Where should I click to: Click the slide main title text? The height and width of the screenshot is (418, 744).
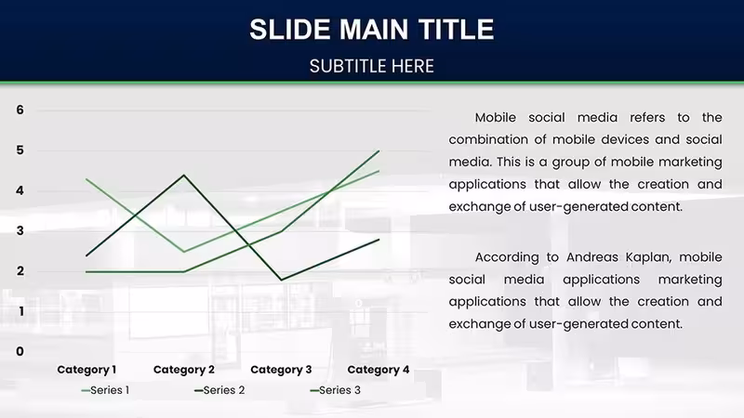click(371, 30)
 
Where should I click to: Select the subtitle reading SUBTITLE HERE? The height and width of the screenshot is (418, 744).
click(371, 66)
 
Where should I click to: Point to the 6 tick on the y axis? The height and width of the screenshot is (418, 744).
click(20, 110)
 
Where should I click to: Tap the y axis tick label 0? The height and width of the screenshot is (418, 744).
click(20, 351)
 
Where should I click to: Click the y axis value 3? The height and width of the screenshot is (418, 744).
click(20, 230)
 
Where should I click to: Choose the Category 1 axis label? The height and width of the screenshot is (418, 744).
click(86, 370)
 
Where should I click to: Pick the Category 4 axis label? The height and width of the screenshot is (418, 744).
click(379, 370)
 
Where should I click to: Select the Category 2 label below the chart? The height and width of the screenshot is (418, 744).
click(183, 370)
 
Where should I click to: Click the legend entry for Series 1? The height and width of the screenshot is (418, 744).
click(105, 390)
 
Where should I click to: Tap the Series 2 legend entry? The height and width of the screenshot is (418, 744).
click(219, 390)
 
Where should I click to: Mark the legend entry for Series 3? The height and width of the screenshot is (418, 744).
click(335, 390)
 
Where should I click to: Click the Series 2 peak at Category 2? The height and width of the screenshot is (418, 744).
click(183, 176)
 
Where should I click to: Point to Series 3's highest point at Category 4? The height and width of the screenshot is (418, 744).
click(379, 151)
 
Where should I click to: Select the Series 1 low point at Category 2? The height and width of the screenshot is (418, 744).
click(183, 251)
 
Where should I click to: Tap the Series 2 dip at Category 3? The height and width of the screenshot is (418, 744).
click(281, 280)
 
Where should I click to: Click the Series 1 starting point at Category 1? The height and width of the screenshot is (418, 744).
click(86, 179)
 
